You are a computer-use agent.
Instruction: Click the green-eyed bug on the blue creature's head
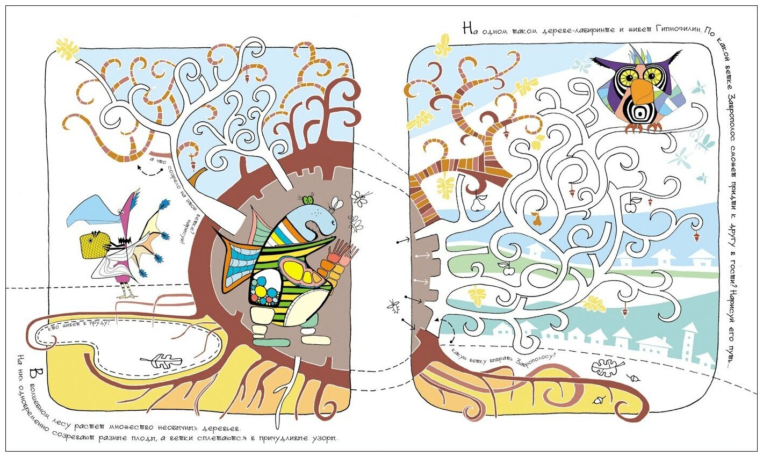point(308,201)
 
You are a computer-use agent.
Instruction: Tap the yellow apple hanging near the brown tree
point(537,141)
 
